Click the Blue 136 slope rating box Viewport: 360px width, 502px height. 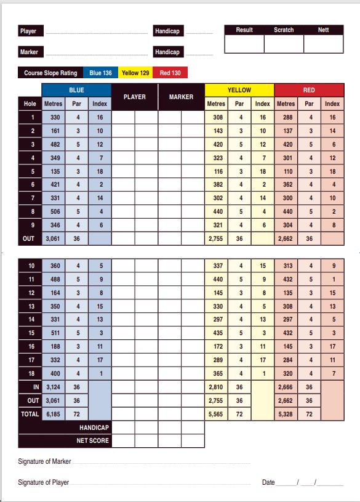tap(100, 73)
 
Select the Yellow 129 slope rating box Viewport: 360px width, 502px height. tap(135, 73)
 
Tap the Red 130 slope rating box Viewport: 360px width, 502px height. tap(170, 73)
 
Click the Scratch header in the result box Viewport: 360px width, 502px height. tap(284, 30)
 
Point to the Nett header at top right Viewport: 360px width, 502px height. tap(323, 30)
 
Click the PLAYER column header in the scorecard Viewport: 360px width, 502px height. tap(135, 97)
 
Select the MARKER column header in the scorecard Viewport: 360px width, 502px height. tap(181, 97)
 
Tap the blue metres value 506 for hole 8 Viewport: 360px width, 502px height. tap(55, 212)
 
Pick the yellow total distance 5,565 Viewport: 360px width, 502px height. tap(216, 415)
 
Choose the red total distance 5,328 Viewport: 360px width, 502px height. tap(286, 415)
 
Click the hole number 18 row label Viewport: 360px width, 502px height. tap(31, 373)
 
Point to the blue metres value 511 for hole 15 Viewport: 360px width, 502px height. tap(55, 333)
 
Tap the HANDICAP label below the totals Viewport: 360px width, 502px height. tap(94, 427)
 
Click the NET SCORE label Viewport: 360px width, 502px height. tap(92, 441)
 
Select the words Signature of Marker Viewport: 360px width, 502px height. tap(44, 461)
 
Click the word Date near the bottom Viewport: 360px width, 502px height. tap(268, 482)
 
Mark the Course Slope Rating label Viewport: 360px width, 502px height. tap(50, 73)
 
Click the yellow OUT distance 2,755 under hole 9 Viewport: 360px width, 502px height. tap(216, 238)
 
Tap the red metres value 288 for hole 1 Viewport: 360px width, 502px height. tap(286, 117)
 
